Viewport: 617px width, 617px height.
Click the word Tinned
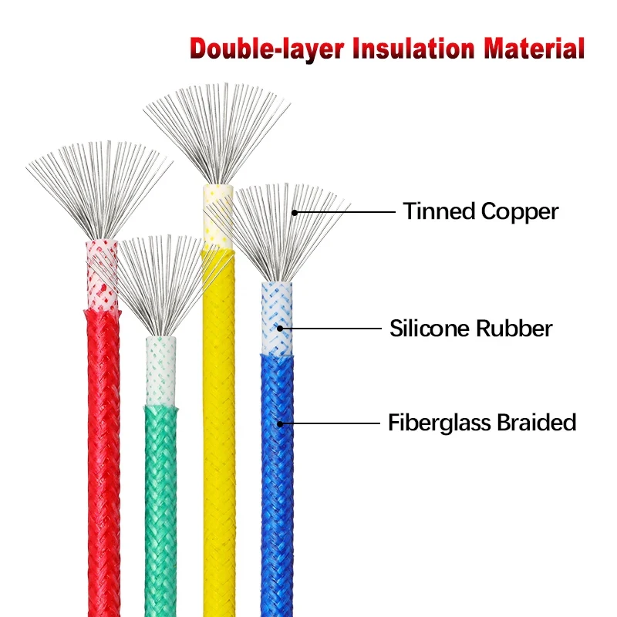point(437,211)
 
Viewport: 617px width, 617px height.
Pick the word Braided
point(537,423)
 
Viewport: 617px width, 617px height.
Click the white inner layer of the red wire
point(102,270)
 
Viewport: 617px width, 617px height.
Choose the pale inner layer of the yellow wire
point(217,216)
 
